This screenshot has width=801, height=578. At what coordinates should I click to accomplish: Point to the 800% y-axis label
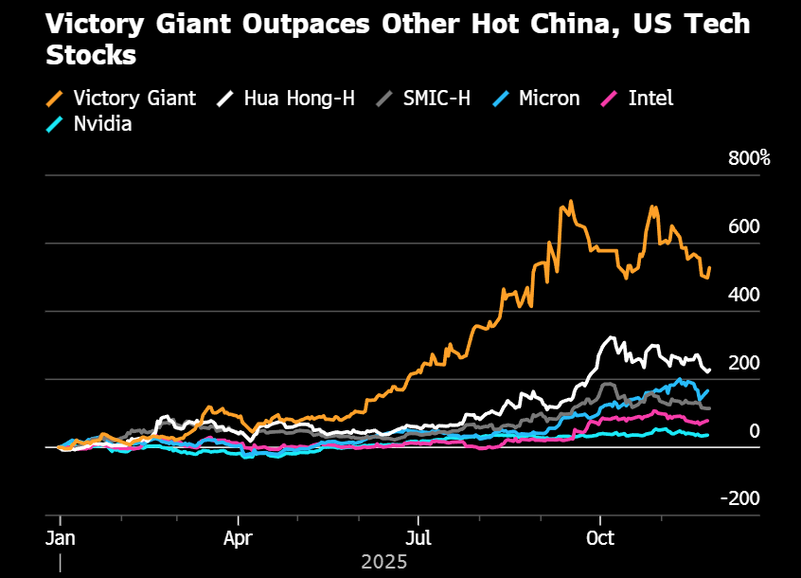[749, 158]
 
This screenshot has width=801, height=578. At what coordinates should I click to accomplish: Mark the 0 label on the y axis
[755, 431]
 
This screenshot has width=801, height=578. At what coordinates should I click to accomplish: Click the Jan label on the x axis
[61, 538]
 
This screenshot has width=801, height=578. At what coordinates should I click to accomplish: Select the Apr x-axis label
[239, 538]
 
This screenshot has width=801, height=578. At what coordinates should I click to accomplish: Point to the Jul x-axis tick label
[418, 538]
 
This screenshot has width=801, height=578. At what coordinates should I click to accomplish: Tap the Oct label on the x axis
[599, 538]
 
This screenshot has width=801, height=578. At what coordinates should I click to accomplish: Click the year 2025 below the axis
[383, 562]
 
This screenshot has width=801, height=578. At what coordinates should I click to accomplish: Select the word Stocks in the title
[91, 55]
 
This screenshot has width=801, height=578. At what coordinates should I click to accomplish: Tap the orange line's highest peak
[570, 202]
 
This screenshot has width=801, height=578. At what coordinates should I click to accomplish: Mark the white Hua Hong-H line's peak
[612, 337]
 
